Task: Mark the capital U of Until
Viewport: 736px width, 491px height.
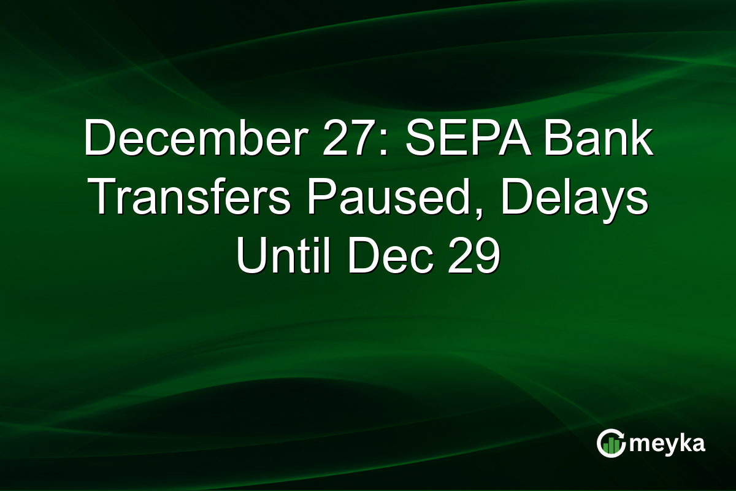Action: coord(251,259)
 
